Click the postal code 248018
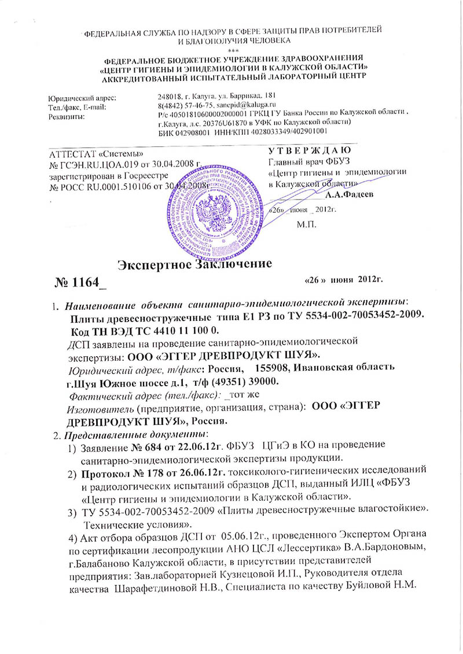[x=169, y=95]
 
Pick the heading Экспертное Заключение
[x=195, y=265]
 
